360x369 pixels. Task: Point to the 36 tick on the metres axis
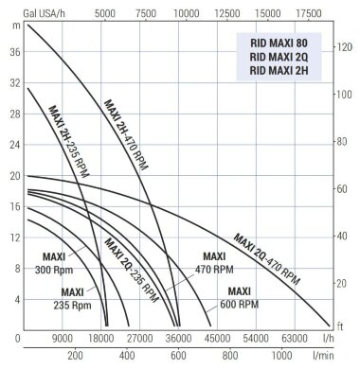[x=14, y=53]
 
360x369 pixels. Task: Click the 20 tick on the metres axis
[x=14, y=176]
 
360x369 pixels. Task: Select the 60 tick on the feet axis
[x=344, y=189]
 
